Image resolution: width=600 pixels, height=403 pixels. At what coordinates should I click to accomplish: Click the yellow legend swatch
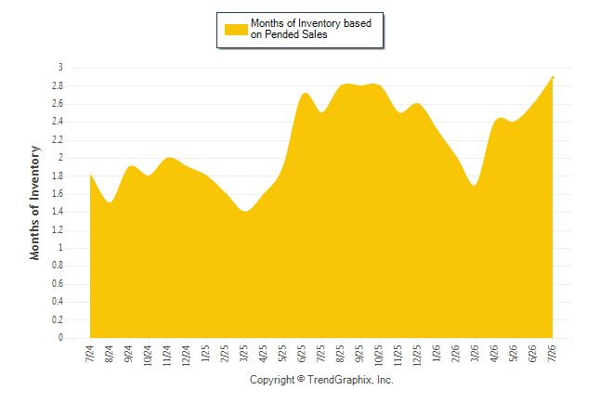pyautogui.click(x=236, y=30)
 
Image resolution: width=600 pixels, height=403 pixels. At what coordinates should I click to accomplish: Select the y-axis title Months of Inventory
pyautogui.click(x=34, y=202)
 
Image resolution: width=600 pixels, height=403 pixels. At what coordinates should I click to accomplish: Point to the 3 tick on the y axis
pyautogui.click(x=60, y=68)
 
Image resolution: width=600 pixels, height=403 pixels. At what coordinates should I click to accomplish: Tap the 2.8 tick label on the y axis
pyautogui.click(x=58, y=85)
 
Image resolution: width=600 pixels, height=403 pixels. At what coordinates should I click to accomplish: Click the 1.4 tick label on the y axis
pyautogui.click(x=58, y=212)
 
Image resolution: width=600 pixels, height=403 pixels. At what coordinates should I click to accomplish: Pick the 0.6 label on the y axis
pyautogui.click(x=58, y=283)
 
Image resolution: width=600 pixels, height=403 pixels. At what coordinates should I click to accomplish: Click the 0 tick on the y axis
pyautogui.click(x=60, y=338)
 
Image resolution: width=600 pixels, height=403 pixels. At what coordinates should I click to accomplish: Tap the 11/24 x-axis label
pyautogui.click(x=167, y=356)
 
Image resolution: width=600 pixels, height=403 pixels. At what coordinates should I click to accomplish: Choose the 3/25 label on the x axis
pyautogui.click(x=243, y=353)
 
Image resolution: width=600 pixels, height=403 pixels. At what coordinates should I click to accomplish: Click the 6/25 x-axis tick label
pyautogui.click(x=302, y=353)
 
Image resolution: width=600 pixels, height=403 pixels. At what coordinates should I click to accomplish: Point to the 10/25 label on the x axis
pyautogui.click(x=379, y=356)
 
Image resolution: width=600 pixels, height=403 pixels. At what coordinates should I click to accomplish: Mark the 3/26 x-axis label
pyautogui.click(x=475, y=353)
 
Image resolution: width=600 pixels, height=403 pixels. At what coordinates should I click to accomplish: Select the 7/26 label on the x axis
pyautogui.click(x=553, y=353)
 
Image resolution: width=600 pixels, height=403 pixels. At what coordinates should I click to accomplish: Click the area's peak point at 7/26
pyautogui.click(x=553, y=77)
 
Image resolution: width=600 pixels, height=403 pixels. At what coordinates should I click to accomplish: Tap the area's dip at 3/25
pyautogui.click(x=244, y=212)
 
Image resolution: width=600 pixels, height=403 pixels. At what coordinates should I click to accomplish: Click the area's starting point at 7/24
pyautogui.click(x=91, y=175)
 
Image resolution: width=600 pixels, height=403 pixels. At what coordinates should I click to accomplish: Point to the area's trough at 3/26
pyautogui.click(x=475, y=185)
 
